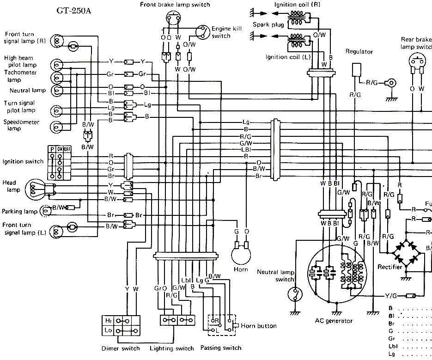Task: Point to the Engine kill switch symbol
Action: pyautogui.click(x=202, y=31)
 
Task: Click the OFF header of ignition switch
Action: pyautogui.click(x=67, y=149)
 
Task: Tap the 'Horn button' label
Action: pyautogui.click(x=259, y=326)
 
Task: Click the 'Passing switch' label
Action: pyautogui.click(x=220, y=348)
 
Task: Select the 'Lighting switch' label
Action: pyautogui.click(x=171, y=348)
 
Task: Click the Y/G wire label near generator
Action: pyautogui.click(x=391, y=296)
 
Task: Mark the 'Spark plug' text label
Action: pyautogui.click(x=268, y=24)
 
